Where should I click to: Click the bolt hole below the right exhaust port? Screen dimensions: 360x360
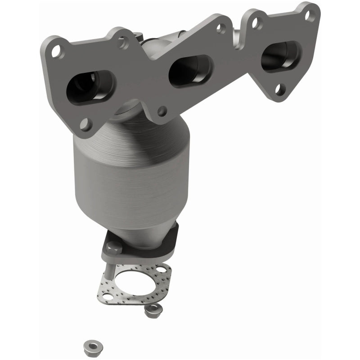coord(280,89)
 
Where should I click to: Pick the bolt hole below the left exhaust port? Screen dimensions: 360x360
coord(85,123)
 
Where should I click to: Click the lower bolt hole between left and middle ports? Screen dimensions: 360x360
coord(162,109)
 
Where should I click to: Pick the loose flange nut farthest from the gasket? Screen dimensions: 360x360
coord(91,346)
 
